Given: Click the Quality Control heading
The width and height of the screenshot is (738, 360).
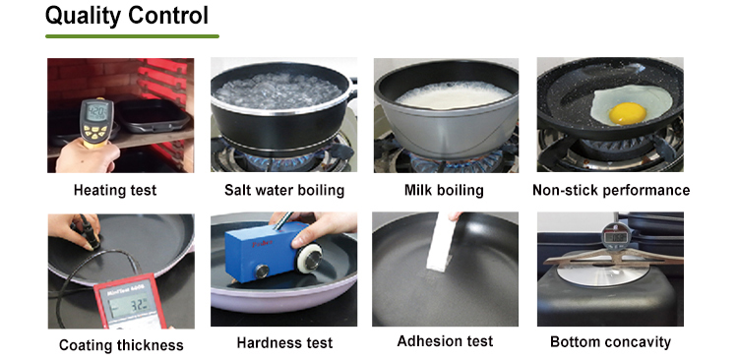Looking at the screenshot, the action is click(127, 17).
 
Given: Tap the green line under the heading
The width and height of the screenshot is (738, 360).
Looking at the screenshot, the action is click(132, 36).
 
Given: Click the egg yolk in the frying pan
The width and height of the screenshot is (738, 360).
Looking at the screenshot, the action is click(628, 113).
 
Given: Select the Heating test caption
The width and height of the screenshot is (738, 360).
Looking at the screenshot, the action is click(115, 190).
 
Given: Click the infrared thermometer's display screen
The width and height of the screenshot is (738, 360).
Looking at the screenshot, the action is click(97, 112).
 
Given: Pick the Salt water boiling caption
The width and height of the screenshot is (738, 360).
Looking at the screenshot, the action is click(284, 190).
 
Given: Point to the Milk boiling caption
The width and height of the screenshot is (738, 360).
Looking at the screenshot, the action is click(444, 190).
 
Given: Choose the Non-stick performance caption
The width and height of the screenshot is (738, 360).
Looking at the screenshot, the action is click(611, 190).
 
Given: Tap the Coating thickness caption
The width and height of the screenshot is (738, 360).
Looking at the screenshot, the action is click(121, 345).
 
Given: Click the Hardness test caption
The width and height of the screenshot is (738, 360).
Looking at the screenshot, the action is click(284, 342).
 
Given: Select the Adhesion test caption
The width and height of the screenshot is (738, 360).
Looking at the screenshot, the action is click(445, 340).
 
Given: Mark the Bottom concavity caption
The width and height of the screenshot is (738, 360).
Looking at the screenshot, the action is click(610, 341).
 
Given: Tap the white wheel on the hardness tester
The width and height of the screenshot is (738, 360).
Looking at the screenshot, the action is click(310, 257).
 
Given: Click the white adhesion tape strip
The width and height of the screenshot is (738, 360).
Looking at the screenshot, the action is click(441, 241).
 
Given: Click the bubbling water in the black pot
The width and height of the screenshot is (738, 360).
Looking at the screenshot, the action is click(277, 90).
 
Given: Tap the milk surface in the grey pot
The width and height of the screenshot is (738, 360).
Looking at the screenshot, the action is click(453, 94).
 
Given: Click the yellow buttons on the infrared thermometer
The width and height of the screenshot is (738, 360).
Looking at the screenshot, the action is click(96, 132).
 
